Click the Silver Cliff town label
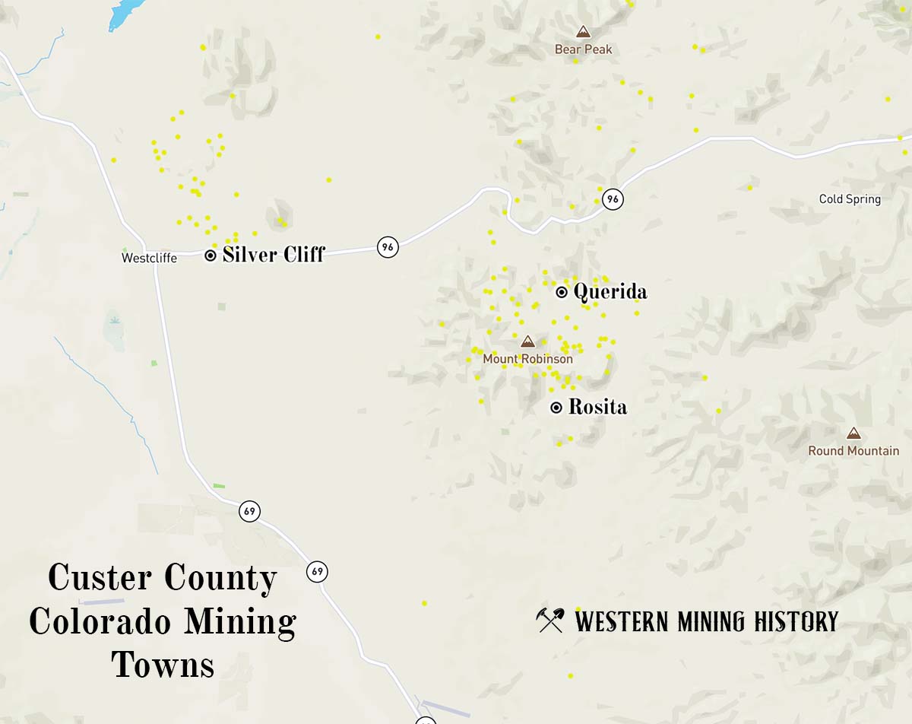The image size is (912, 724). pyautogui.click(x=274, y=255)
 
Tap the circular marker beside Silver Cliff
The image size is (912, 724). pyautogui.click(x=211, y=256)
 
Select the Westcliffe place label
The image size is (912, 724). pyautogui.click(x=149, y=258)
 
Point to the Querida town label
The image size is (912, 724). pyautogui.click(x=610, y=292)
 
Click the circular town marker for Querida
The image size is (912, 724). pyautogui.click(x=562, y=292)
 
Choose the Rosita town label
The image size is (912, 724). pyautogui.click(x=598, y=408)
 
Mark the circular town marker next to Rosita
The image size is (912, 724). pyautogui.click(x=556, y=408)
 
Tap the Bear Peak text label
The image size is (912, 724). pyautogui.click(x=583, y=49)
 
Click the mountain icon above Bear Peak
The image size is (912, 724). pyautogui.click(x=583, y=32)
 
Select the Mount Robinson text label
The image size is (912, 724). pyautogui.click(x=527, y=359)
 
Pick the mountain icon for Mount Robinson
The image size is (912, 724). pyautogui.click(x=527, y=341)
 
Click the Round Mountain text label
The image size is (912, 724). pyautogui.click(x=853, y=451)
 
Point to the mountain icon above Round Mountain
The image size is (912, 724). pyautogui.click(x=853, y=433)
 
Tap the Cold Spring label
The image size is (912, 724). pyautogui.click(x=850, y=199)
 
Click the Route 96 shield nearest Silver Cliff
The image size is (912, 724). pyautogui.click(x=388, y=247)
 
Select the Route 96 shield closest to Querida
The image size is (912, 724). pyautogui.click(x=613, y=199)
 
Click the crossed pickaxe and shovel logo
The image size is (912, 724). pyautogui.click(x=550, y=621)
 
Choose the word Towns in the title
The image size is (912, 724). pyautogui.click(x=163, y=665)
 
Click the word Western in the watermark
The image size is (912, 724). pyautogui.click(x=622, y=621)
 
